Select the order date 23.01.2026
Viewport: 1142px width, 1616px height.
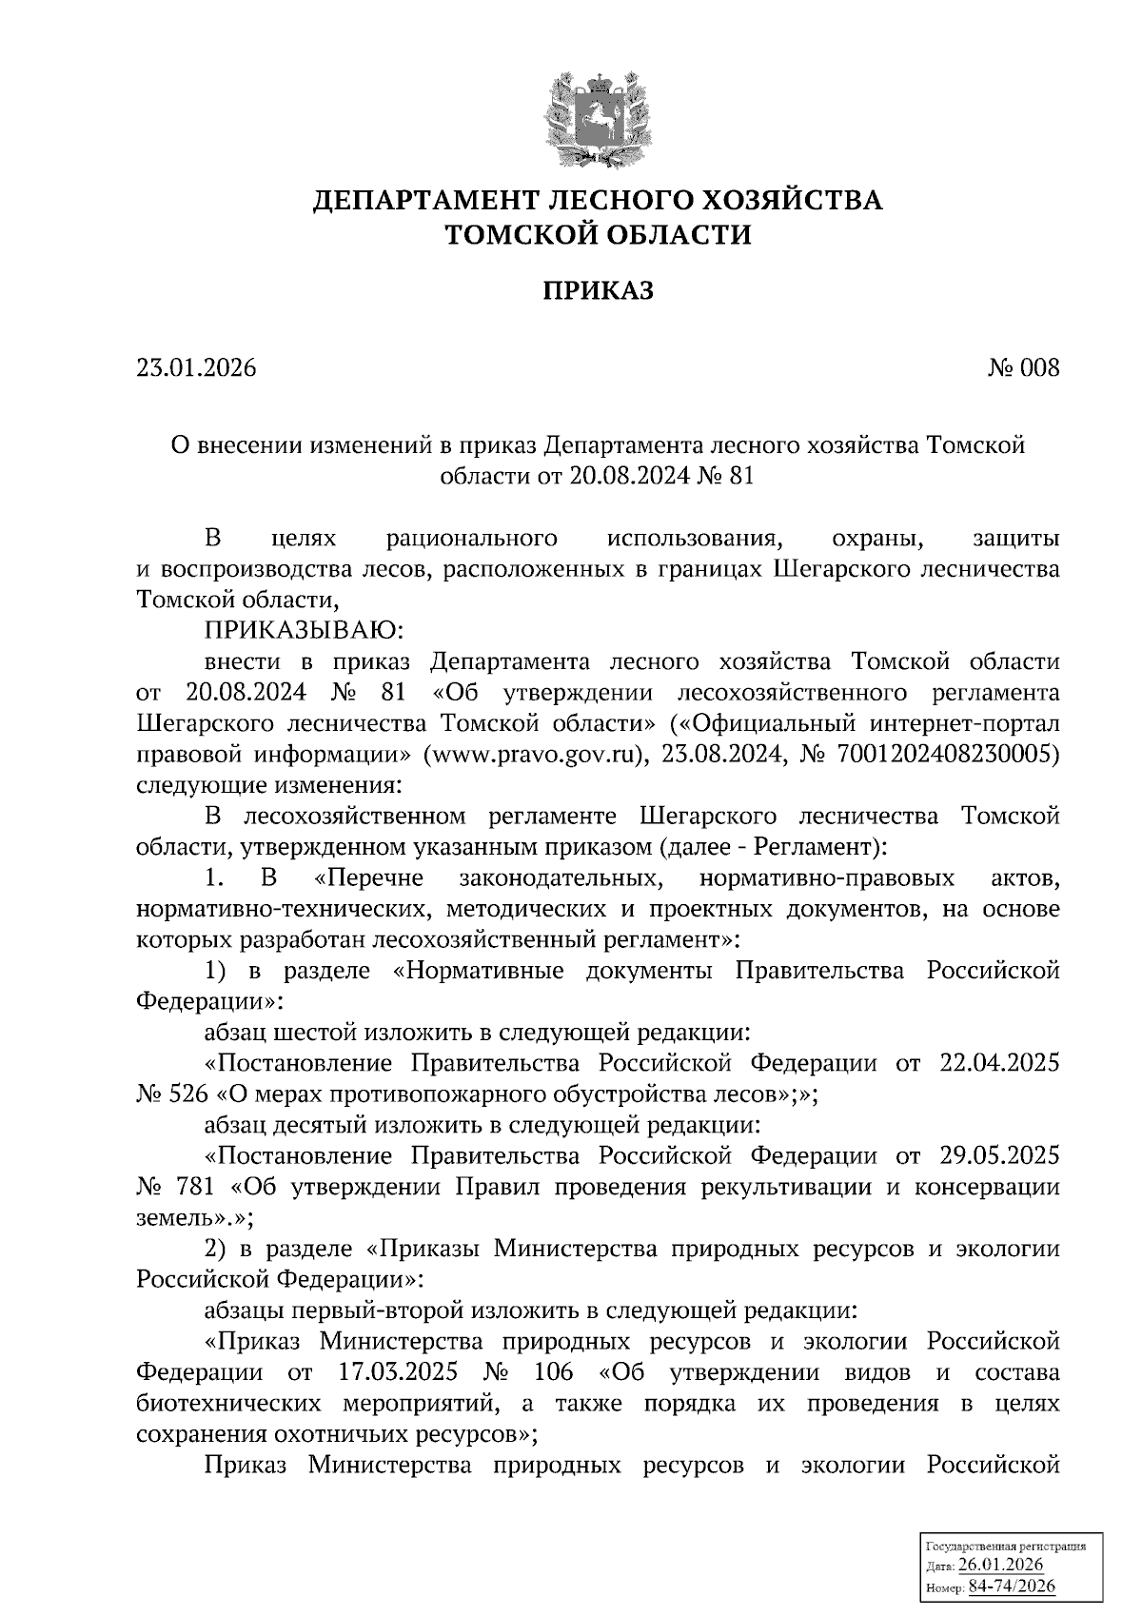(x=196, y=368)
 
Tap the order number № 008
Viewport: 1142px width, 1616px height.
(x=1023, y=368)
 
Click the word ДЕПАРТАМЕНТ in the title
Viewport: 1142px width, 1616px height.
(x=429, y=201)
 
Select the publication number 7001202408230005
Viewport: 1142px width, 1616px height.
(x=943, y=755)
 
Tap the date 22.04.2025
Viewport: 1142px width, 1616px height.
(x=998, y=1062)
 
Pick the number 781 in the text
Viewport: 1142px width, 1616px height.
(x=198, y=1187)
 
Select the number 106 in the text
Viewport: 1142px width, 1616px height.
(x=554, y=1372)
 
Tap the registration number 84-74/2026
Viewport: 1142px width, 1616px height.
(x=1012, y=1586)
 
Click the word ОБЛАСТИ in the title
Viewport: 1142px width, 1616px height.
(x=670, y=233)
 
